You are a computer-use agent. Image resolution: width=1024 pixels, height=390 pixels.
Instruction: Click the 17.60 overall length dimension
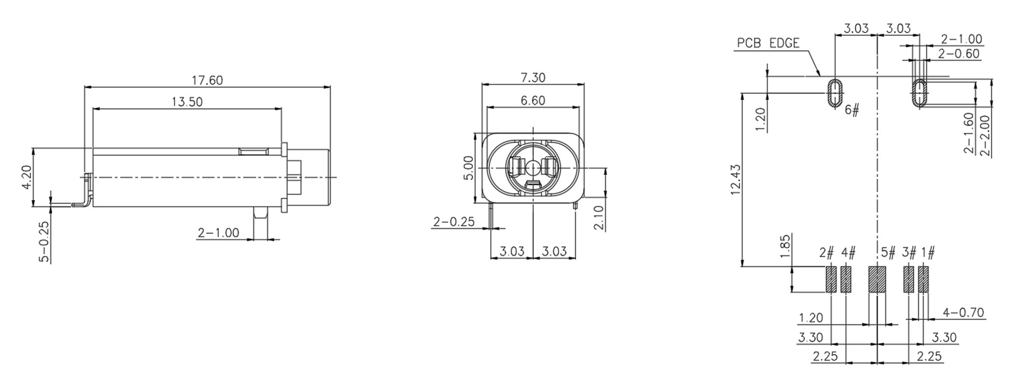click(207, 80)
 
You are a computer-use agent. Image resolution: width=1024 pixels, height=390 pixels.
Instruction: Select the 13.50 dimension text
click(187, 102)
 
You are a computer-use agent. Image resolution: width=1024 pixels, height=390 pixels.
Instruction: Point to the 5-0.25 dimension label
click(44, 242)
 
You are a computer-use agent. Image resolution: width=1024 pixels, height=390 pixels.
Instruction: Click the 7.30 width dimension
click(532, 78)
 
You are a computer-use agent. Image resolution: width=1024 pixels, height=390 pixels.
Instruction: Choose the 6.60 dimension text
click(532, 100)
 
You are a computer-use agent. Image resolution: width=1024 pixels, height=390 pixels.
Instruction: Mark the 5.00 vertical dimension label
click(469, 168)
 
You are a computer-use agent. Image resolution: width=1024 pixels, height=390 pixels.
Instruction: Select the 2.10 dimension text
click(599, 217)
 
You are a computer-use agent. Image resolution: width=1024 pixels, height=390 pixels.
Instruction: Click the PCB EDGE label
click(768, 43)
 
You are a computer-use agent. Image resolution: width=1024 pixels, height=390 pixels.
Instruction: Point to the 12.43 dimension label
click(736, 180)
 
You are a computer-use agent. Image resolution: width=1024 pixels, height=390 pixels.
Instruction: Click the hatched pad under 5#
click(877, 279)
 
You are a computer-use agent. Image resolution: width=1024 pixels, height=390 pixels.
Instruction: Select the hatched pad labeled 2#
click(830, 279)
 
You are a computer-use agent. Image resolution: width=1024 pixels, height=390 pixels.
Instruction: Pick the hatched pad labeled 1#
click(923, 279)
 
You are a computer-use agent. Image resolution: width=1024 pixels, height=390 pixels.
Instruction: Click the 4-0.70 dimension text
click(963, 312)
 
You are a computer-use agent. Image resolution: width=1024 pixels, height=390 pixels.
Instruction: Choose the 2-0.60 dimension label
click(959, 54)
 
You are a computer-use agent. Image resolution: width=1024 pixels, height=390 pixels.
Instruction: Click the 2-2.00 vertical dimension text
click(985, 136)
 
